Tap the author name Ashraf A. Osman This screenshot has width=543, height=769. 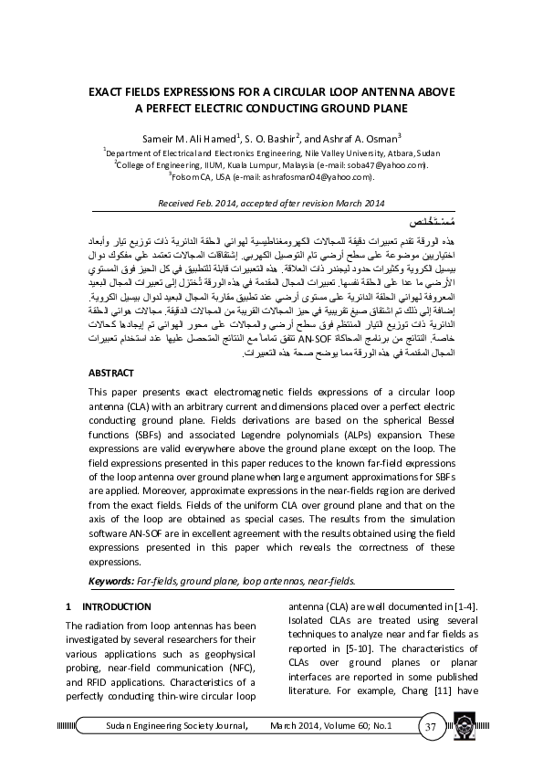coord(356,138)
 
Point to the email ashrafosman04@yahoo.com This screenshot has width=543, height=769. coord(301,177)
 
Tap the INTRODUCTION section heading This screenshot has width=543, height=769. coord(115,606)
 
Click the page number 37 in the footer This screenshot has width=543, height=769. coord(431,727)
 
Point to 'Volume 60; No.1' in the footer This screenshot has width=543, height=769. coord(354,726)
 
